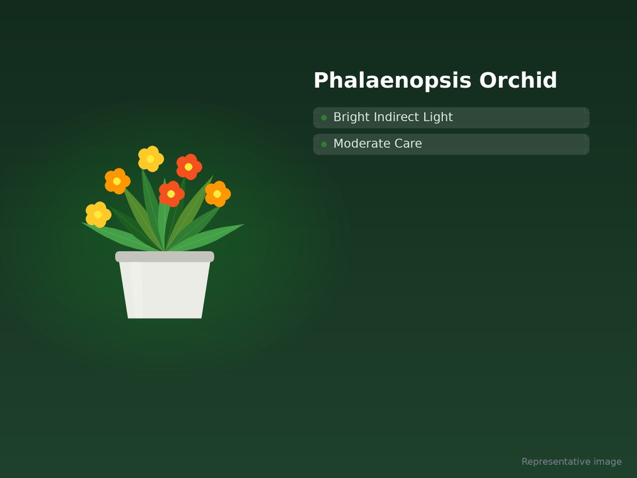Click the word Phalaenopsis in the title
click(392, 81)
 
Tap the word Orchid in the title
click(518, 80)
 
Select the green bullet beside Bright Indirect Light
click(324, 118)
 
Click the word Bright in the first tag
click(351, 117)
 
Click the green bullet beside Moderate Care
click(324, 144)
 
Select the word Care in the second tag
click(408, 143)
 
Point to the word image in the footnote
click(607, 462)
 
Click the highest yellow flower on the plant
click(151, 159)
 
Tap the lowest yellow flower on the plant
click(98, 215)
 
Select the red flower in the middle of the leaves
click(171, 194)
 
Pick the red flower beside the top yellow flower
click(189, 167)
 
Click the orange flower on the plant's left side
click(117, 181)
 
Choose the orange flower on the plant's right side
click(218, 194)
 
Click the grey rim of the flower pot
click(165, 257)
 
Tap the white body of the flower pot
click(165, 290)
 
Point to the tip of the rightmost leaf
click(244, 224)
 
